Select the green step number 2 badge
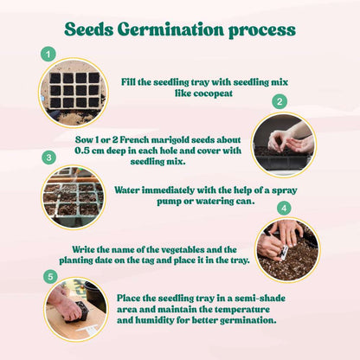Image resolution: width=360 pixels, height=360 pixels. pos(279,101)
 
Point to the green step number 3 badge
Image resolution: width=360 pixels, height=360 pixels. pos(49,157)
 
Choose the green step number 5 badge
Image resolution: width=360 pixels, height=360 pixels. pos(49,276)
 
